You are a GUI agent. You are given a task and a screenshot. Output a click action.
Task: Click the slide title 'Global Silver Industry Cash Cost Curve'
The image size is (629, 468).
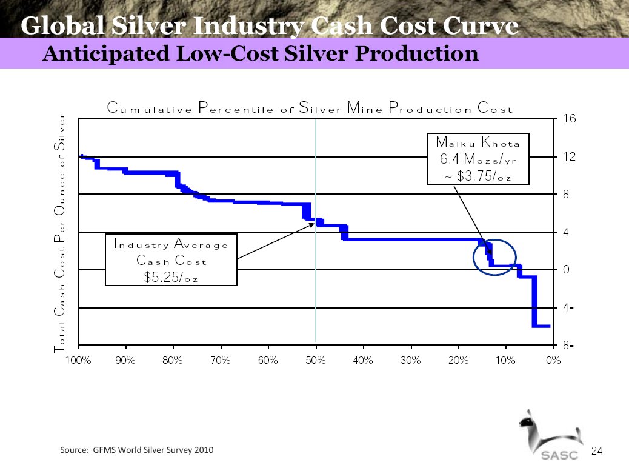click(x=270, y=25)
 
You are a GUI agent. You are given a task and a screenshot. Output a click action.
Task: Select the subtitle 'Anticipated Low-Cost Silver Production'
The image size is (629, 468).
click(x=261, y=54)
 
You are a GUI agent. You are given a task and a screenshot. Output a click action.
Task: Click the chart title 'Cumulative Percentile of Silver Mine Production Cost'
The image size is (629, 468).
click(x=310, y=109)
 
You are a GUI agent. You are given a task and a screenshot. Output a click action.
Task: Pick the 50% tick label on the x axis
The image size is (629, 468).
click(x=316, y=360)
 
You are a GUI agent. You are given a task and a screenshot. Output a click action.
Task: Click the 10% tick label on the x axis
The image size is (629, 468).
click(x=506, y=360)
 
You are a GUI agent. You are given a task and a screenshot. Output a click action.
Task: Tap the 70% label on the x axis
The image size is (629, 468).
click(x=221, y=360)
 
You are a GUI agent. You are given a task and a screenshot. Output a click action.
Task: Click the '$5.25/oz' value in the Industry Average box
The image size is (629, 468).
click(x=170, y=278)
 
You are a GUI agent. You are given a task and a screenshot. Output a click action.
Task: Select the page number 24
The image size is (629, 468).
click(x=597, y=450)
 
